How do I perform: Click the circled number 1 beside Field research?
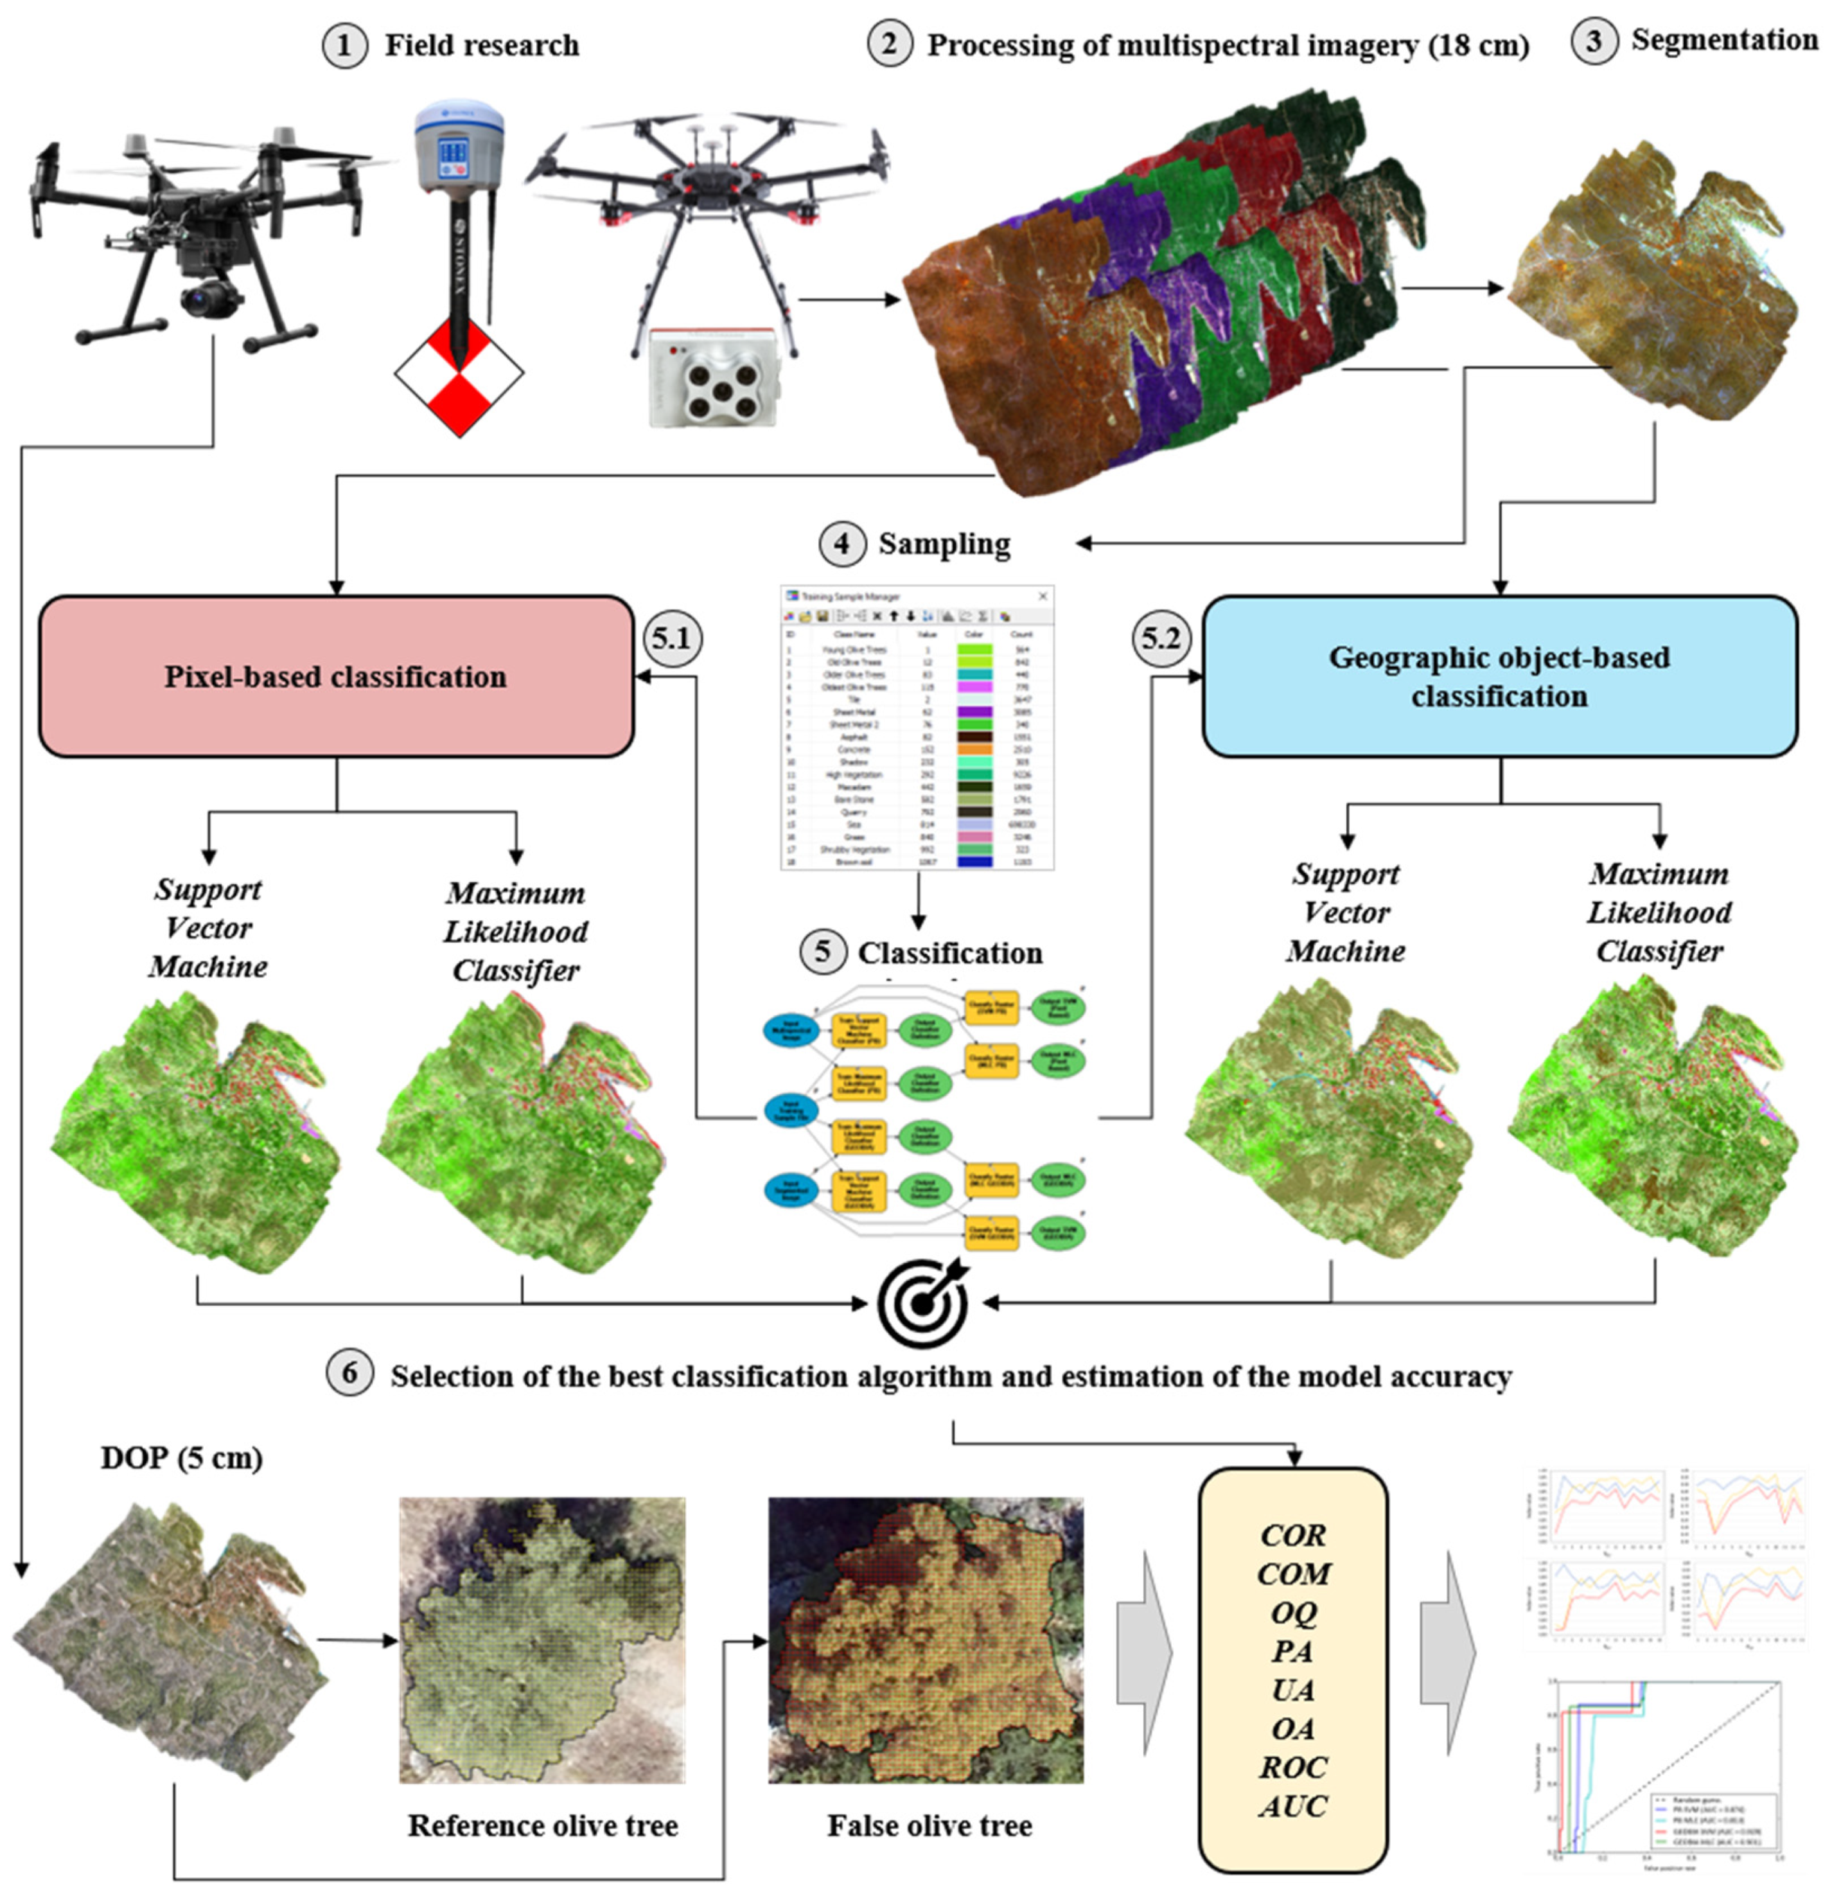[x=344, y=45]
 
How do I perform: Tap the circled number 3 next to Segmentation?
[x=1594, y=41]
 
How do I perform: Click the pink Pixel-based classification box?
[x=336, y=676]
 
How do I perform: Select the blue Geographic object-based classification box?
[x=1499, y=676]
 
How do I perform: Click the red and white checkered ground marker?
[x=459, y=372]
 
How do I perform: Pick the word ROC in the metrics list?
[x=1293, y=1767]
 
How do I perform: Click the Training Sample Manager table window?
[x=917, y=728]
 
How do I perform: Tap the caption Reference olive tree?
[x=542, y=1825]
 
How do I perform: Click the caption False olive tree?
[x=929, y=1825]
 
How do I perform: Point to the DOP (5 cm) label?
[x=181, y=1457]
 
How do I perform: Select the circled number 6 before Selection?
[x=350, y=1374]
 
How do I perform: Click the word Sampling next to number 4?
[x=944, y=544]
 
